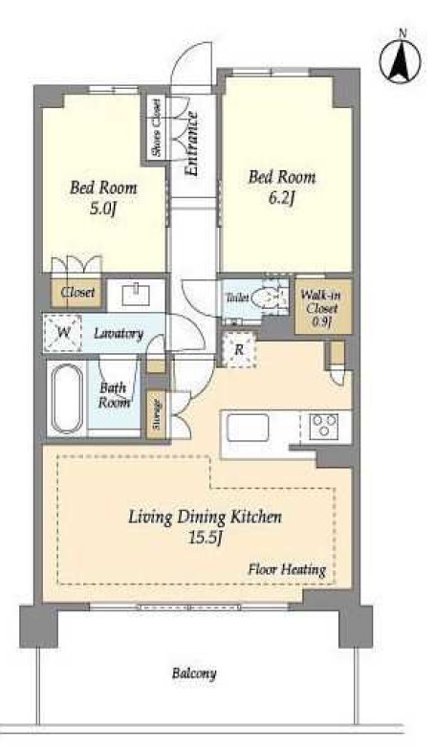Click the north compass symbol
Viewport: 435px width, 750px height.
pyautogui.click(x=401, y=58)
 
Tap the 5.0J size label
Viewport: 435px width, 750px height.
pyautogui.click(x=103, y=209)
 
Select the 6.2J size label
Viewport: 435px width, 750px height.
pyautogui.click(x=281, y=198)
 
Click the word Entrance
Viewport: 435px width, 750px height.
pyautogui.click(x=191, y=143)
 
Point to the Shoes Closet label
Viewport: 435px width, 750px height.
pyautogui.click(x=156, y=127)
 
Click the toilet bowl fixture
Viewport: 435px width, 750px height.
pyautogui.click(x=266, y=298)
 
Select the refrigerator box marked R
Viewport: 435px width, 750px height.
pyautogui.click(x=239, y=350)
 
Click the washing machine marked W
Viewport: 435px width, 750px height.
pyautogui.click(x=63, y=333)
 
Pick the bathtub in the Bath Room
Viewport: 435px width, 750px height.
pyautogui.click(x=67, y=398)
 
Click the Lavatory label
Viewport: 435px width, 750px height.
pyautogui.click(x=119, y=333)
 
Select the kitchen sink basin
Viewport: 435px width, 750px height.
pyautogui.click(x=248, y=428)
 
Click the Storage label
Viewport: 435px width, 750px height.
pyautogui.click(x=157, y=415)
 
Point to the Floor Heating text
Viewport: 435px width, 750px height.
pyautogui.click(x=287, y=570)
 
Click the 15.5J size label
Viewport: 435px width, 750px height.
pyautogui.click(x=205, y=539)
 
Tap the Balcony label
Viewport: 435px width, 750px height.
pyautogui.click(x=194, y=673)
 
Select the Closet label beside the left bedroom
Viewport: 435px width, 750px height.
pyautogui.click(x=77, y=292)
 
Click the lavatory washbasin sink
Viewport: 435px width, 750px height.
pyautogui.click(x=137, y=295)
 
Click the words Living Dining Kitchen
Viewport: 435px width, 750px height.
pyautogui.click(x=205, y=518)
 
